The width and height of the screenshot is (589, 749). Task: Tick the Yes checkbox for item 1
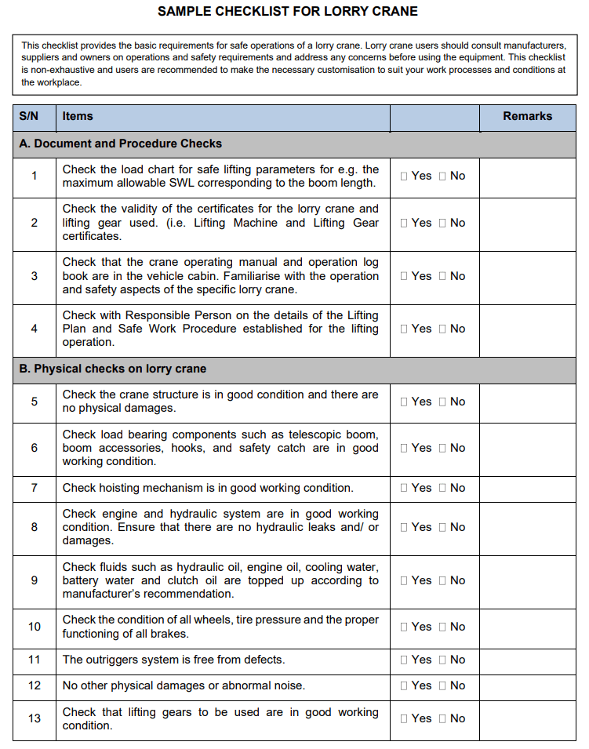(404, 176)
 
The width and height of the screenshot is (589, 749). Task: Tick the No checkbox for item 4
(443, 329)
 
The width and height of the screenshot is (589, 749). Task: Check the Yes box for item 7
(404, 488)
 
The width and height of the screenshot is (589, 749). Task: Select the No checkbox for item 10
(443, 627)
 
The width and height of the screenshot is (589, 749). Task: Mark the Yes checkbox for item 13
(404, 718)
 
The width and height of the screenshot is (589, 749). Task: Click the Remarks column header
(527, 116)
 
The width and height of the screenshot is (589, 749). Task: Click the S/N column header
(29, 116)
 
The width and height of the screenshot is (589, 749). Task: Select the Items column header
(78, 116)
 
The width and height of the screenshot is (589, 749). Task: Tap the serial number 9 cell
(35, 580)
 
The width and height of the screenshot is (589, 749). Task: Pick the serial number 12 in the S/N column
(35, 685)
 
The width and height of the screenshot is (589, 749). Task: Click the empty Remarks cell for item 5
(528, 402)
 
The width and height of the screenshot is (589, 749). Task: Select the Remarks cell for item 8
(528, 527)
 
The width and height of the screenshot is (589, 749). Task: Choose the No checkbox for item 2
(443, 224)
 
